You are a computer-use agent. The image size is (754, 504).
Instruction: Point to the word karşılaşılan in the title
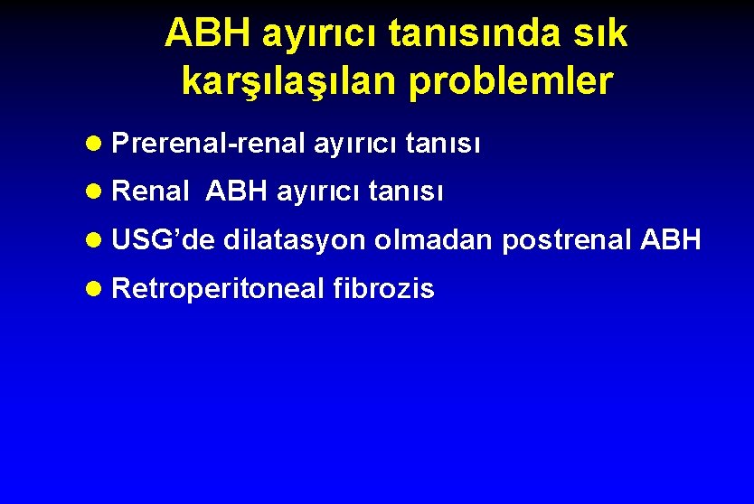288,81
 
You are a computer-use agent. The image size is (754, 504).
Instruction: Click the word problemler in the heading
511,81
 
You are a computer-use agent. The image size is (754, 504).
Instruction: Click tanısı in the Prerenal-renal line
443,143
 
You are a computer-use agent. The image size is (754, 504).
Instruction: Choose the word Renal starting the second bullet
151,191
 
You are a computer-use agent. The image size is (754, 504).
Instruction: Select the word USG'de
164,240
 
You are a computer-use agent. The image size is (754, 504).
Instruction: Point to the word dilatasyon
295,240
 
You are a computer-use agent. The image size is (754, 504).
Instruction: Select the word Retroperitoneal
218,289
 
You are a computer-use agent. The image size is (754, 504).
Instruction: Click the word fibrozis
384,289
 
